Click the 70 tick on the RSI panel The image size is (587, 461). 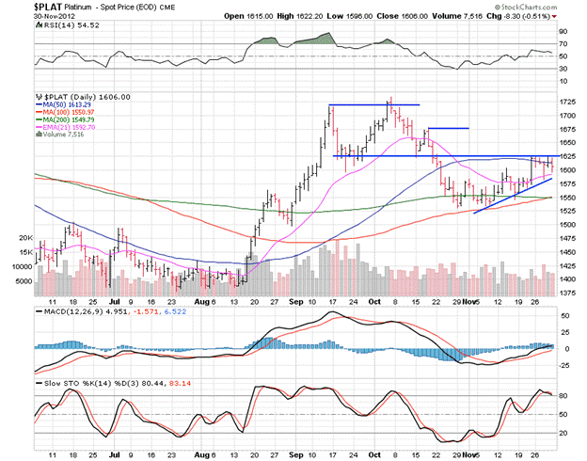[562, 43]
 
